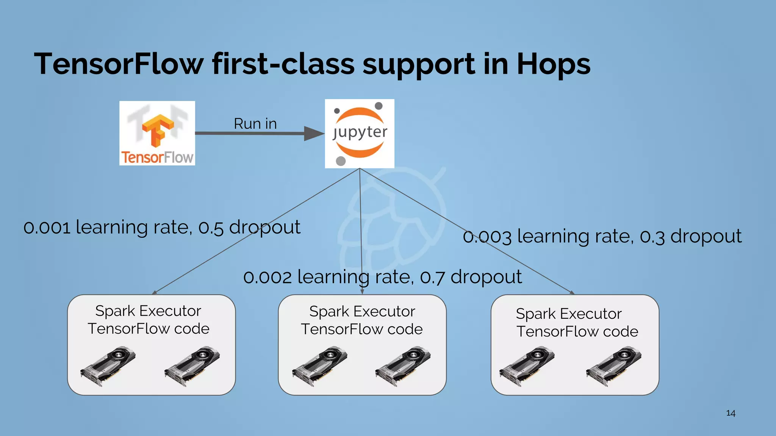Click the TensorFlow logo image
point(157,133)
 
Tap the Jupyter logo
point(360,133)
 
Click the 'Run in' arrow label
point(255,124)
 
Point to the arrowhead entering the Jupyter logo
point(314,133)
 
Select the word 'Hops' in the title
point(553,64)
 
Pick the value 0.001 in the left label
point(47,227)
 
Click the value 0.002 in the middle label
point(268,277)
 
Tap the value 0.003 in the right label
point(487,237)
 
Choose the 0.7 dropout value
point(432,277)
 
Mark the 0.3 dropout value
point(652,237)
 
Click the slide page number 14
point(731,413)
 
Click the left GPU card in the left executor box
point(108,366)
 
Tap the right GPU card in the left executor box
point(192,366)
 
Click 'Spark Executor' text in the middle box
point(362,311)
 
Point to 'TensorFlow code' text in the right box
point(577,332)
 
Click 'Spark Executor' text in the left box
point(148,311)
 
